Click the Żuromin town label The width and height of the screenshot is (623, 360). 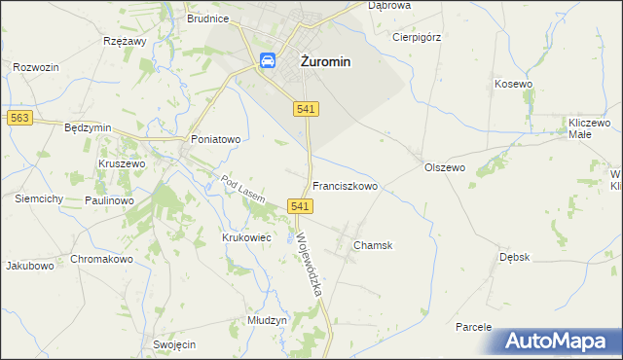[324, 60]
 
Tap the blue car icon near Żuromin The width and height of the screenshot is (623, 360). [266, 60]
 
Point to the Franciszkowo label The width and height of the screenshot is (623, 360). [345, 185]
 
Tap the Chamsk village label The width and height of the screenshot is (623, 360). [373, 246]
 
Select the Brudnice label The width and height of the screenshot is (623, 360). [208, 18]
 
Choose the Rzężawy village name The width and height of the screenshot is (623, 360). [124, 42]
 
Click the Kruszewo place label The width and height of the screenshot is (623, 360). [122, 164]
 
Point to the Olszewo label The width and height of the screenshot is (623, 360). [446, 167]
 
